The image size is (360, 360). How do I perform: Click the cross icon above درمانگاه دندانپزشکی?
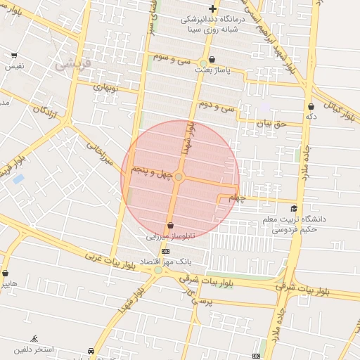tap(212, 8)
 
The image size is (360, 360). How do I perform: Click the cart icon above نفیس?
tap(14, 55)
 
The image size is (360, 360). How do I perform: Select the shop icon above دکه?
tap(311, 107)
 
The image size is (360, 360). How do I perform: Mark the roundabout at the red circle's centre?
tap(179, 177)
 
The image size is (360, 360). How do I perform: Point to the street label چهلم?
tap(238, 198)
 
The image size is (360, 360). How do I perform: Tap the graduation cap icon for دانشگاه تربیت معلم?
tap(294, 208)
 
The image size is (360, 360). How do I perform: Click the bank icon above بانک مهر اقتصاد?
tap(166, 250)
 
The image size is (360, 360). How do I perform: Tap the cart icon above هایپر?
tap(6, 273)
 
